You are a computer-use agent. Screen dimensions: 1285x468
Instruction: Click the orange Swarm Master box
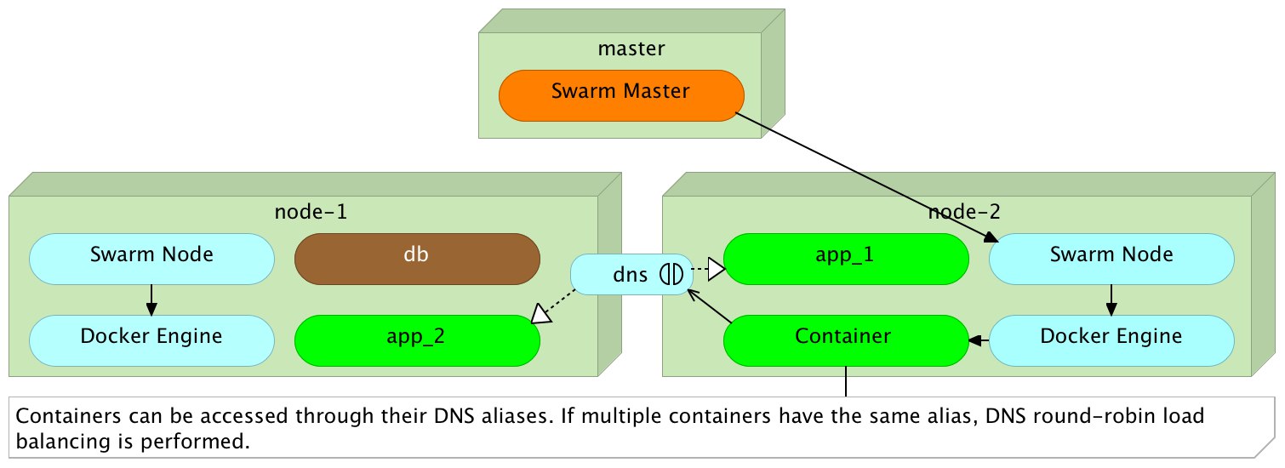[x=621, y=96]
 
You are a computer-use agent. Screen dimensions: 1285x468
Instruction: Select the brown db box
[x=417, y=260]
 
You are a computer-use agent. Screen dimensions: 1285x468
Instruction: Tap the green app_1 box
[x=846, y=260]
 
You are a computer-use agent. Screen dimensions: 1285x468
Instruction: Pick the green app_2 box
[x=417, y=340]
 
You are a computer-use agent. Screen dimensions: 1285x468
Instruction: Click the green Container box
[x=846, y=340]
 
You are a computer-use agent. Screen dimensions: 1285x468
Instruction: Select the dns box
[x=631, y=275]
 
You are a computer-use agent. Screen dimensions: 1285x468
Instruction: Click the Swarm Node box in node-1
[x=152, y=260]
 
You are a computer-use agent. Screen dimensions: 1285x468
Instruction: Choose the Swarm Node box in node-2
[x=1111, y=260]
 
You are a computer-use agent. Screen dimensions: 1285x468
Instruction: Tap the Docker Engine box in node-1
[x=152, y=340]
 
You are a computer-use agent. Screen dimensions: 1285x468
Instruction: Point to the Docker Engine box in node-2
[x=1111, y=340]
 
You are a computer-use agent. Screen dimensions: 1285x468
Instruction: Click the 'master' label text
[x=631, y=49]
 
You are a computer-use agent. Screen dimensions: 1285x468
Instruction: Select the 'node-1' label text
[x=311, y=212]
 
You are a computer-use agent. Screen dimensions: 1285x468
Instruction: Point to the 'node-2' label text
[x=964, y=212]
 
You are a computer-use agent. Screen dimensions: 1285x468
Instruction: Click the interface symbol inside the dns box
[x=671, y=274]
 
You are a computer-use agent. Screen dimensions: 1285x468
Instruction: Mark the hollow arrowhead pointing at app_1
[x=717, y=269]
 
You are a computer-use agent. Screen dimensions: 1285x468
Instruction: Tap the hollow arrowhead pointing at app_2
[x=541, y=314]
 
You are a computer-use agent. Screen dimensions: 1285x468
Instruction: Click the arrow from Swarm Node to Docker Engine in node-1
[x=151, y=300]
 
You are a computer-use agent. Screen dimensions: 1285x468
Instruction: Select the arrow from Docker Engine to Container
[x=979, y=340]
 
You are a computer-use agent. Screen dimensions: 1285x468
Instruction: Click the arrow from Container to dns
[x=710, y=305]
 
